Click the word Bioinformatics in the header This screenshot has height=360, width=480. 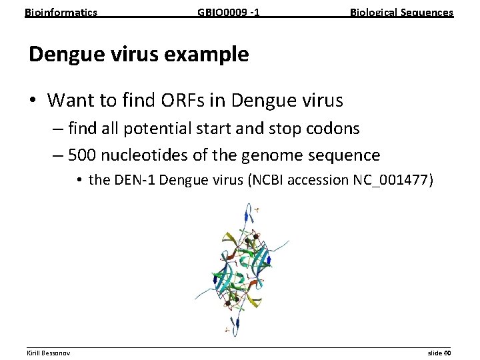point(61,12)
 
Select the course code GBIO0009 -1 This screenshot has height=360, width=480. point(229,12)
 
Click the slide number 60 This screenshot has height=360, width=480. point(447,352)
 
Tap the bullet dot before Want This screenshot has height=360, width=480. point(33,101)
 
